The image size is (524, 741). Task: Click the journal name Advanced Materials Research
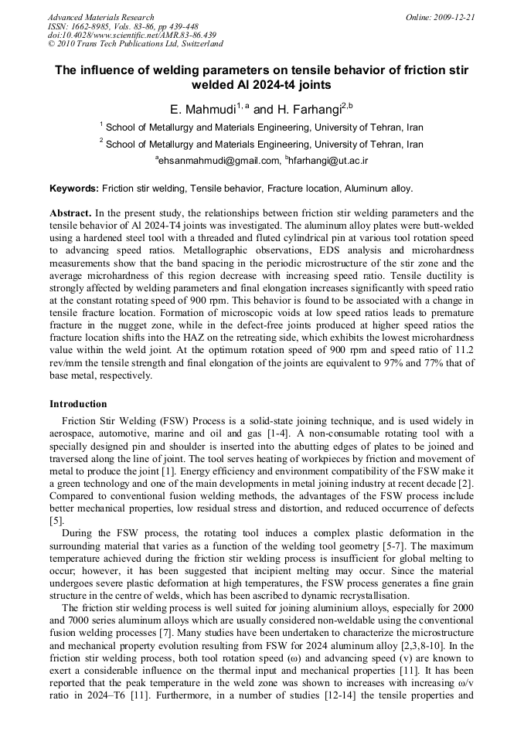(x=100, y=17)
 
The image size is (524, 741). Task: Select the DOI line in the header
(x=131, y=35)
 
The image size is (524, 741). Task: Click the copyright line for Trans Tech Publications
(x=135, y=44)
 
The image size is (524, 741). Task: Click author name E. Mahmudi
(x=202, y=109)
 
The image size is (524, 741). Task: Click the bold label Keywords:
(x=74, y=189)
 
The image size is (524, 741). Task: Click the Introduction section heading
(x=78, y=404)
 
